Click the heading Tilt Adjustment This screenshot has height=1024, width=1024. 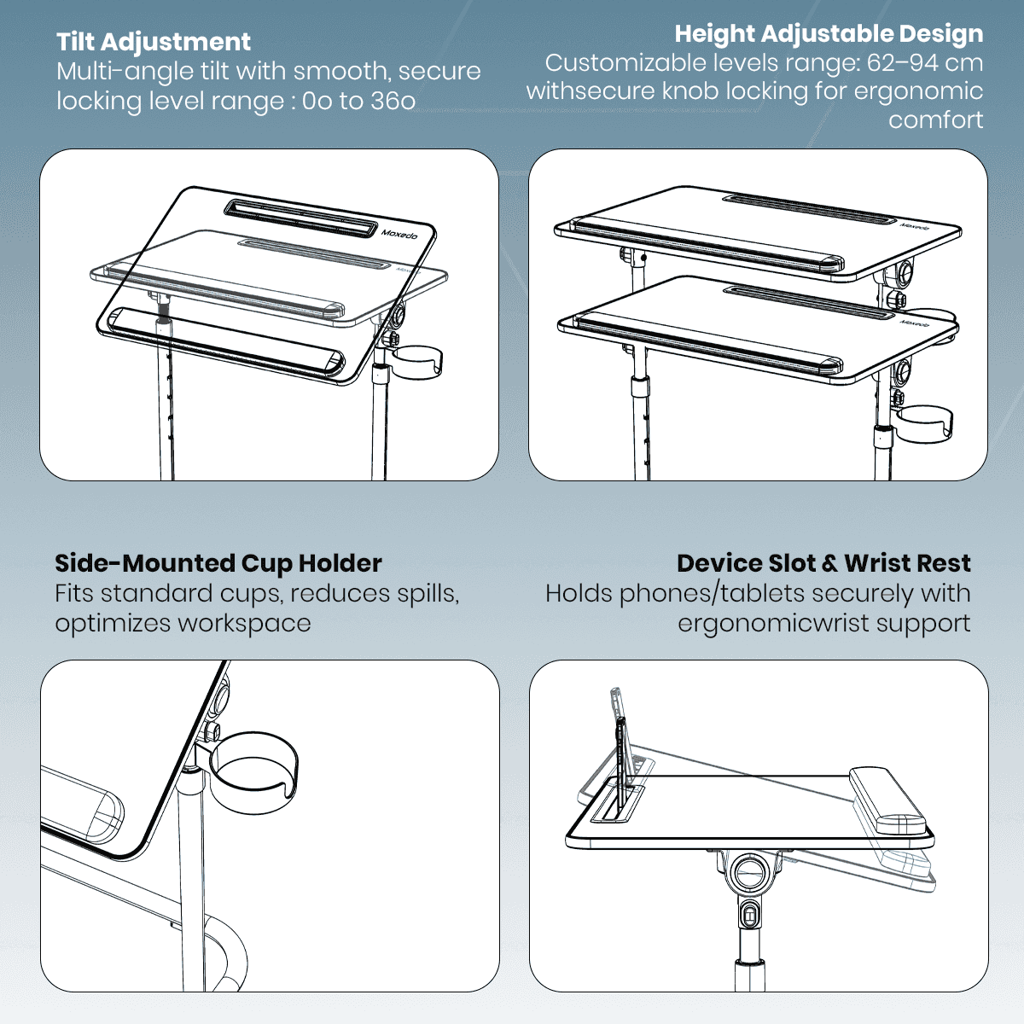pos(153,42)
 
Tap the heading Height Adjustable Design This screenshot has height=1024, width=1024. pos(829,34)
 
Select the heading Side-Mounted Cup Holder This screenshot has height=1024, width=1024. pos(218,563)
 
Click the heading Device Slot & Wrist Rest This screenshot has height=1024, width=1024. pos(823,563)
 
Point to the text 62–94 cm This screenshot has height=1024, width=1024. pos(925,63)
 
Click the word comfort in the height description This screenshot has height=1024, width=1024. pos(936,120)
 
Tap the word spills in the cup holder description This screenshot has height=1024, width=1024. pos(428,594)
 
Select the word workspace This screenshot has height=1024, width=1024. pos(244,624)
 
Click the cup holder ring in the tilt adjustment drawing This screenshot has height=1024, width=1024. pos(417,363)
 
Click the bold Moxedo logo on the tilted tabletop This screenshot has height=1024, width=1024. pos(399,234)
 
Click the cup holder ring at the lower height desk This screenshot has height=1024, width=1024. pos(924,423)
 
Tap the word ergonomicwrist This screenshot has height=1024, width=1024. pos(774,624)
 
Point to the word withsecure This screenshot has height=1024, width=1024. pos(591,91)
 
